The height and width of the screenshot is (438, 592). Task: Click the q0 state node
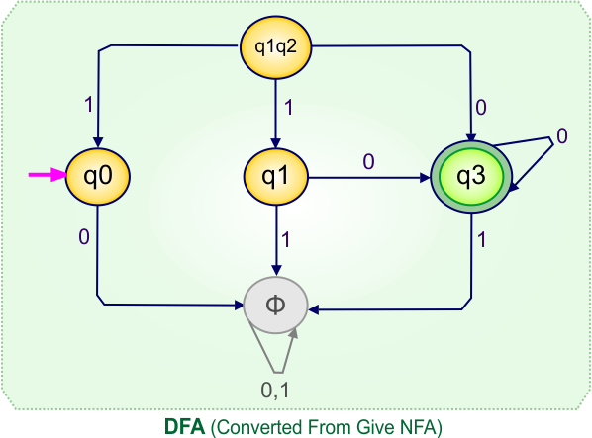[98, 177]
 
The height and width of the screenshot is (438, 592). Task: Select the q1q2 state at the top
[276, 47]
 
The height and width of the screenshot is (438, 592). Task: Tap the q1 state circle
[276, 177]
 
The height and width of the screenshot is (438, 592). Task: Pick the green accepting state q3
[471, 177]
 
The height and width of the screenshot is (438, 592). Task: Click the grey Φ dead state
[276, 304]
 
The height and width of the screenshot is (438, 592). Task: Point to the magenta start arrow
[46, 175]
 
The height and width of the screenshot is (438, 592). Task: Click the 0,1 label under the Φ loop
[275, 391]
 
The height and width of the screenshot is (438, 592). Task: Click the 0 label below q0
[85, 236]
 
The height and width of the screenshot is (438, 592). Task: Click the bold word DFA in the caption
[183, 426]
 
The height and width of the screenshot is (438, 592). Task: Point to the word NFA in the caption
[422, 426]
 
